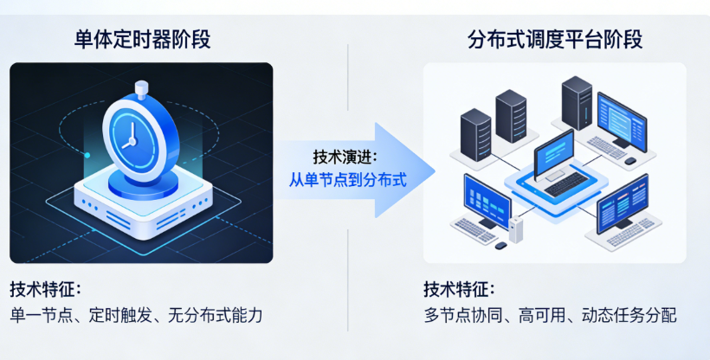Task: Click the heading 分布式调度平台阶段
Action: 555,39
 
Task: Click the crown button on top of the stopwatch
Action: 142,87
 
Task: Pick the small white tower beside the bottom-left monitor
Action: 516,227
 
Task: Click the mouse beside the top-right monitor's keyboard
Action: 630,161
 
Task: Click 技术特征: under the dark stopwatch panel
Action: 45,288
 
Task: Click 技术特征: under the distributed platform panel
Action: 459,288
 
